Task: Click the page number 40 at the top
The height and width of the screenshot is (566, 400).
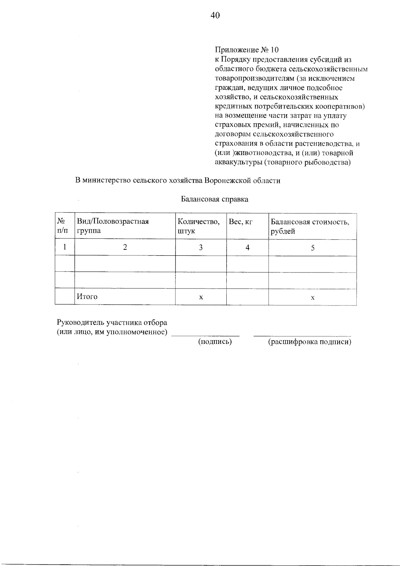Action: point(215,15)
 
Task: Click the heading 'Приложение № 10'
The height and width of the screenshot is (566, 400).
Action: point(246,50)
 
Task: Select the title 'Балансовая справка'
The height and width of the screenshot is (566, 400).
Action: point(214,199)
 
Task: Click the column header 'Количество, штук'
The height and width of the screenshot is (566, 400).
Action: point(199,226)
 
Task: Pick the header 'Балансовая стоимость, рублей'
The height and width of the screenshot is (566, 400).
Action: point(310,226)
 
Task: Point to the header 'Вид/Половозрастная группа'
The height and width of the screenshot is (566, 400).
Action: point(113,226)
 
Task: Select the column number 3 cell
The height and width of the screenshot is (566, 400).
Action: point(201,247)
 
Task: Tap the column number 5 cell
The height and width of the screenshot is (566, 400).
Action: point(312,248)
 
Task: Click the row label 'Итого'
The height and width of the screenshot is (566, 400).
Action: point(87,297)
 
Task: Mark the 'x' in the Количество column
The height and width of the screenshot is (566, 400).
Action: point(201,297)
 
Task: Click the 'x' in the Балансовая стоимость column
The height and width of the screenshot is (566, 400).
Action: point(312,298)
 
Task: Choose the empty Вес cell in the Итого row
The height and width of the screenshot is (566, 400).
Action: point(247,297)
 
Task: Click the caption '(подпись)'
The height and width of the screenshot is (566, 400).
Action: point(215,342)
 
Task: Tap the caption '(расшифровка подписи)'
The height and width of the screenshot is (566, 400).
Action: point(310,342)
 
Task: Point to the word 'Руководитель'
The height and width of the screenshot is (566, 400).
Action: point(79,323)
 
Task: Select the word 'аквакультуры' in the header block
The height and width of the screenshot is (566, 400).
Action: point(237,163)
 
